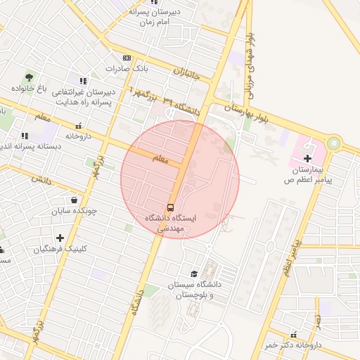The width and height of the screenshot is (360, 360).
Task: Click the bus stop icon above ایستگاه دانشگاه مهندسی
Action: (x=170, y=207)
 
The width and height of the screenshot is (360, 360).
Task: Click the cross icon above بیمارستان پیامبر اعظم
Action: (x=307, y=158)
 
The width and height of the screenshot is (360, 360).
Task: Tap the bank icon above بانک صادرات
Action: (x=127, y=58)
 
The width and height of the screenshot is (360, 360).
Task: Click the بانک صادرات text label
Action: (x=127, y=69)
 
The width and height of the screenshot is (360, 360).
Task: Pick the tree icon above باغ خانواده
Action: (x=29, y=77)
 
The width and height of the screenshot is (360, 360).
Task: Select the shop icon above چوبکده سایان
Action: (x=74, y=199)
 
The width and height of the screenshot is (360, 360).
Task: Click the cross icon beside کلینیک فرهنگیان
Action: (x=60, y=238)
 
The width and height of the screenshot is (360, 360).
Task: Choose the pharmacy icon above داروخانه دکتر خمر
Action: (x=293, y=335)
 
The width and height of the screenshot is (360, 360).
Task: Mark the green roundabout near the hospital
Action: (x=333, y=143)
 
